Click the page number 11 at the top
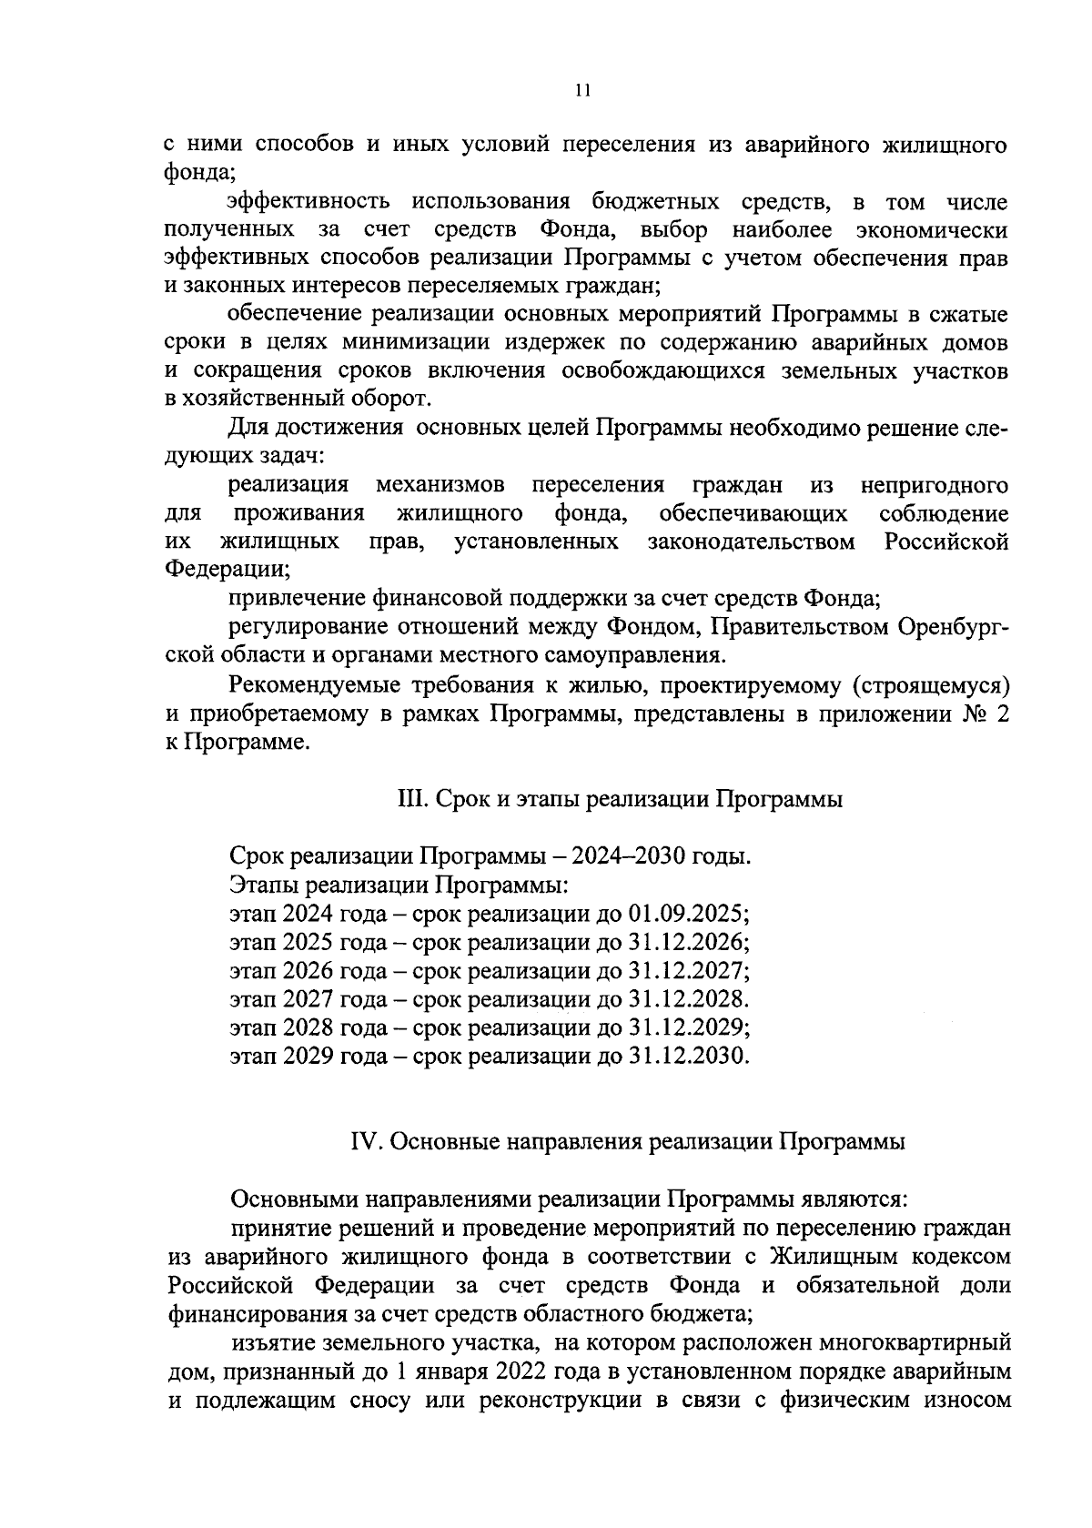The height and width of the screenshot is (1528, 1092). [x=582, y=89]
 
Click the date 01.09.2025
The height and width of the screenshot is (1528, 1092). [x=688, y=913]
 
